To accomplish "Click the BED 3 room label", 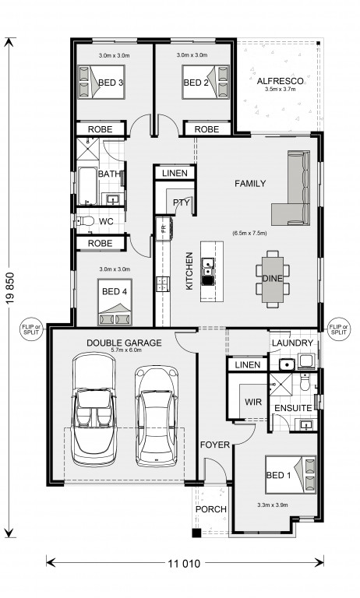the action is (x=111, y=83).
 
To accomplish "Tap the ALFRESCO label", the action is (x=281, y=81).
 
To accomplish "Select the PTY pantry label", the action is (x=181, y=202).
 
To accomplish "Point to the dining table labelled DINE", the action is (x=273, y=279).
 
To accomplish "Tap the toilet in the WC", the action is (x=85, y=221).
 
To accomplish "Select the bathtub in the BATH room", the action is (x=87, y=185).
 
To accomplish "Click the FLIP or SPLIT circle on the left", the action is (x=31, y=329).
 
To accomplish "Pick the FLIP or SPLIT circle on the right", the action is (x=339, y=329).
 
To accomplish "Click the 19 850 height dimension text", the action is (x=10, y=288).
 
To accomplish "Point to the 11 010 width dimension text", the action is (x=184, y=563).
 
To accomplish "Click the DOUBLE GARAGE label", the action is (x=124, y=343).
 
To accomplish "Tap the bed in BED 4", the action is (x=115, y=302).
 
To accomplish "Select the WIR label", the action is (x=253, y=402).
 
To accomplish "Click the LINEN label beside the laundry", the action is (x=247, y=365).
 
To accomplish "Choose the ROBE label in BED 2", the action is (x=206, y=129).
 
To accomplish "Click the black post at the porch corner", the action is (x=196, y=533).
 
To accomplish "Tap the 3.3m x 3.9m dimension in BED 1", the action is (x=273, y=505).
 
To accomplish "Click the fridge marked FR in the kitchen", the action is (x=164, y=228).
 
